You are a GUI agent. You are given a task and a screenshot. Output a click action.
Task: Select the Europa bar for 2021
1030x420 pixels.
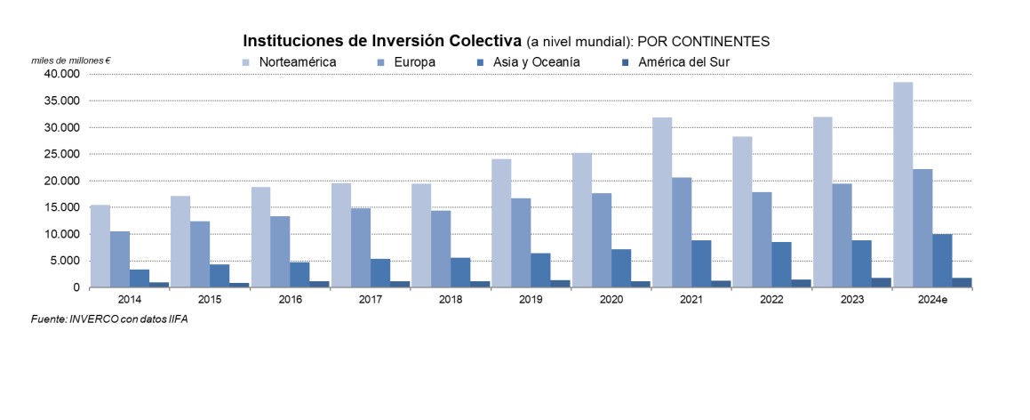point(682,232)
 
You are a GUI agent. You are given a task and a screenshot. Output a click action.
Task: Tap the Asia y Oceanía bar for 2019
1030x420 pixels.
point(541,270)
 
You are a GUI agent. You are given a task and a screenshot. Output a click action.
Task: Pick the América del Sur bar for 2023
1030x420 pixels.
point(882,283)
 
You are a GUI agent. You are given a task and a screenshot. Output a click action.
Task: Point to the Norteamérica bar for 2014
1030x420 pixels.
point(100,246)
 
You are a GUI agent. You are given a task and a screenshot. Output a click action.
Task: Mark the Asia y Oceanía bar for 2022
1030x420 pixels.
point(782,264)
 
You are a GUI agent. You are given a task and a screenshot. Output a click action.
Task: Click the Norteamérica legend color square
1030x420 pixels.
point(246,62)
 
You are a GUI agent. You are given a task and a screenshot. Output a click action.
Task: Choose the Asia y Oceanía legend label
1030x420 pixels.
point(538,62)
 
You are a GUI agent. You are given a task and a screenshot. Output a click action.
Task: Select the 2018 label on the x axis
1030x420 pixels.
point(451,301)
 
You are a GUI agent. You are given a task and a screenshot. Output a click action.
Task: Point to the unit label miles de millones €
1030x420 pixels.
point(71,60)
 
